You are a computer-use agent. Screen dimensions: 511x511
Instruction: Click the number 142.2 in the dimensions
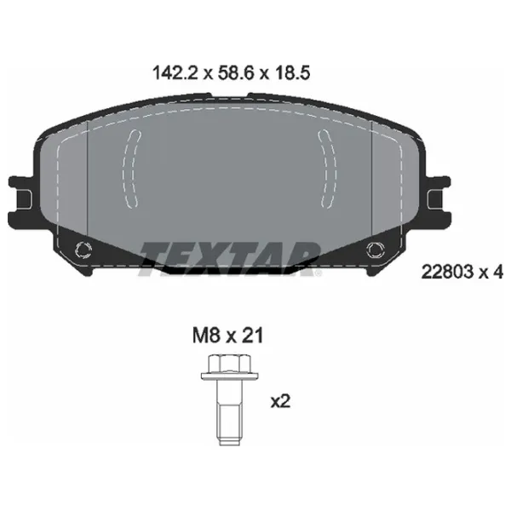click(x=167, y=74)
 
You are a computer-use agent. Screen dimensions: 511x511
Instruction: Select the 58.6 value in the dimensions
click(x=229, y=74)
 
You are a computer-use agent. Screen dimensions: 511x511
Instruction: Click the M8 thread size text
click(x=200, y=337)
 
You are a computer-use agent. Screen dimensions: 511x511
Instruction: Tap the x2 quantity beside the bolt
click(x=279, y=401)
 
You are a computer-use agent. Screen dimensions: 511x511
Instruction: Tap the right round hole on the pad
click(x=376, y=250)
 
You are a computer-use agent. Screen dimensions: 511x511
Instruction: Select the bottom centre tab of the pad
click(x=228, y=269)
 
